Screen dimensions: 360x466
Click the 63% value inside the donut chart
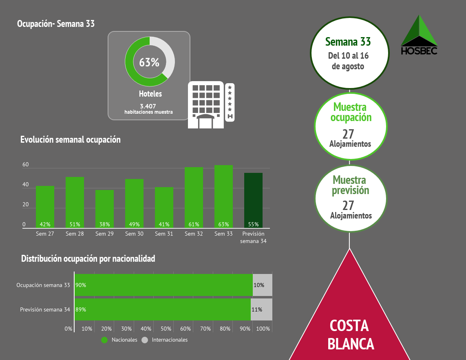pos(149,62)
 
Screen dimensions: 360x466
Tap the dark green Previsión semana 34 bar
pos(253,200)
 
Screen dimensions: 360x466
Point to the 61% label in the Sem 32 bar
pos(194,224)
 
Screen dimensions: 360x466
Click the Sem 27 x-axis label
pos(45,234)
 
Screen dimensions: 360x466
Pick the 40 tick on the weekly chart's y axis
pos(25,185)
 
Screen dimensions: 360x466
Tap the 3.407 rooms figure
pos(148,106)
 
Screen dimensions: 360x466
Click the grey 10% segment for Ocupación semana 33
pos(262,285)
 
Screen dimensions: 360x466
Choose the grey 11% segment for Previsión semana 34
pos(261,309)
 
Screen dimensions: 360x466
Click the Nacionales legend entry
pos(120,340)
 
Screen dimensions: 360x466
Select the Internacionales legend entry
pos(165,340)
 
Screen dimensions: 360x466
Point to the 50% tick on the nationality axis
pos(166,329)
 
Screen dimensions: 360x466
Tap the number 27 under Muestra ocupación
pos(348,134)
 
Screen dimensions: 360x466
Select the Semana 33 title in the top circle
pos(348,42)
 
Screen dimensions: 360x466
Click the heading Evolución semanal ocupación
pos(71,139)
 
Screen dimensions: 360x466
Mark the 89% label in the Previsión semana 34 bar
pos(81,309)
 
